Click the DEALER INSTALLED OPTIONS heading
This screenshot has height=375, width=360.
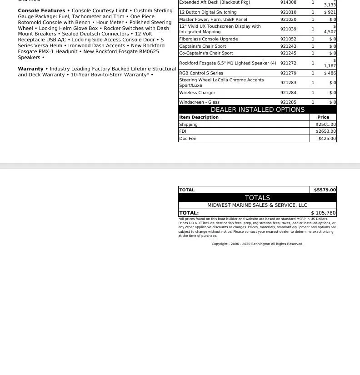click(257, 110)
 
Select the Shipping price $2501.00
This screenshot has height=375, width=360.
click(325, 124)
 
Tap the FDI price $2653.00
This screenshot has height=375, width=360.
click(325, 131)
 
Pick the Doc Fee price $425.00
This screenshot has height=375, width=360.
click(327, 139)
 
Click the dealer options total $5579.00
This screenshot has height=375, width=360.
click(325, 190)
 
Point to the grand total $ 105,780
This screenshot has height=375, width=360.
click(323, 213)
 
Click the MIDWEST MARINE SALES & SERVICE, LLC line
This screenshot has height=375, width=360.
click(257, 205)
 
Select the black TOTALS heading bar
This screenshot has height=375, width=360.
click(257, 198)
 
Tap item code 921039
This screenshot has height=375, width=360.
click(288, 29)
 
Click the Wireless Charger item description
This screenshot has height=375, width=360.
click(197, 93)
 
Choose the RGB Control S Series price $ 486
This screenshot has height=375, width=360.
click(330, 73)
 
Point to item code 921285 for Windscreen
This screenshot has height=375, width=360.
click(288, 102)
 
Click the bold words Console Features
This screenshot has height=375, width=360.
click(41, 10)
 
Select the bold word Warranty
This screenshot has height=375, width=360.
click(30, 69)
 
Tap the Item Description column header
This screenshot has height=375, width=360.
click(199, 117)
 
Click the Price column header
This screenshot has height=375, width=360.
click(323, 117)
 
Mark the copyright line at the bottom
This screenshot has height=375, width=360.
click(257, 244)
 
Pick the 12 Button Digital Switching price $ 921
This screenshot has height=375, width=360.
click(330, 12)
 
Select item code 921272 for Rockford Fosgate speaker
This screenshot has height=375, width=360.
click(288, 63)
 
